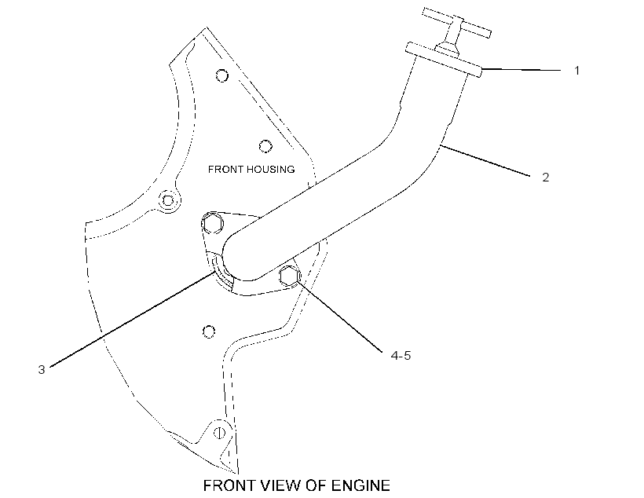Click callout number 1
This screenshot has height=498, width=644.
(576, 71)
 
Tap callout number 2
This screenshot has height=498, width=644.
(545, 177)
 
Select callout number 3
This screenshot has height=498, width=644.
(42, 369)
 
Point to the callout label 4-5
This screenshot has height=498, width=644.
(401, 355)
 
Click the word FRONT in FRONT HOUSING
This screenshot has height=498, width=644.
(225, 170)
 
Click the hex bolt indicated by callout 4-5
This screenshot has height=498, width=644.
(290, 276)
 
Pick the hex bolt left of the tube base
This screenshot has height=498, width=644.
(213, 224)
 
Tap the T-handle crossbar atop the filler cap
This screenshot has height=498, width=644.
(457, 22)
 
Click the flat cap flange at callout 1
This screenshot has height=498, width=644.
(444, 59)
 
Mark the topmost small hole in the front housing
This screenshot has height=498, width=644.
(222, 75)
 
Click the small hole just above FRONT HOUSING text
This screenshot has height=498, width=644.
(265, 146)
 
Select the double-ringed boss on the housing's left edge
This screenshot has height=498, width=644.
(168, 201)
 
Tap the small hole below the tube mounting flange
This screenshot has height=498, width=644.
(209, 331)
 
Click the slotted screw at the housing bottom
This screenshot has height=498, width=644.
(220, 433)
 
